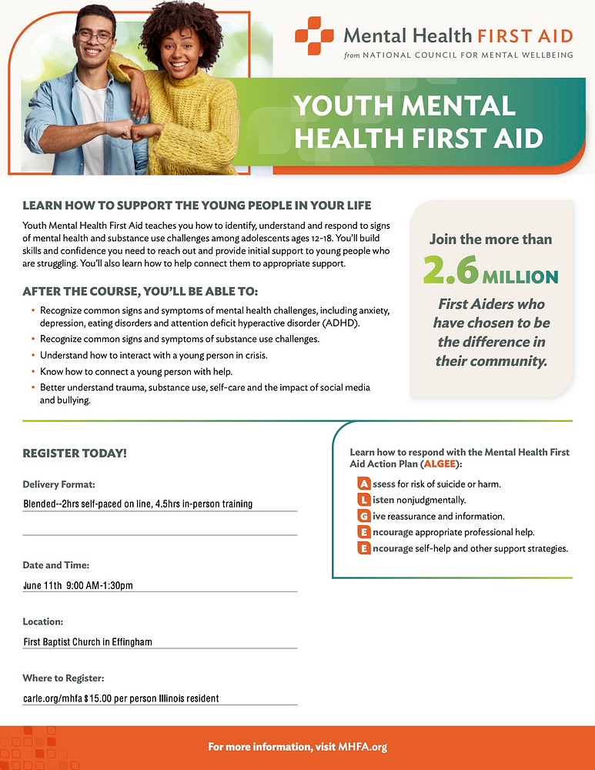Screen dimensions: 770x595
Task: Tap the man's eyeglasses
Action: [94, 36]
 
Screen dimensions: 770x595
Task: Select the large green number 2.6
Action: [450, 269]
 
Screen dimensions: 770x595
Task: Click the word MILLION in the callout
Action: [520, 276]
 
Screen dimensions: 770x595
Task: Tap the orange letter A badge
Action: [363, 484]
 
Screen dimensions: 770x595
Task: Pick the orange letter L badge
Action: [363, 500]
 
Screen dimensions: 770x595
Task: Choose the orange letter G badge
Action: [363, 517]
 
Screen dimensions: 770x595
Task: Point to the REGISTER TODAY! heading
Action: [75, 454]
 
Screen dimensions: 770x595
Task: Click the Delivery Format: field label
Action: [58, 484]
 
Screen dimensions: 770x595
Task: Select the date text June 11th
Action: [43, 586]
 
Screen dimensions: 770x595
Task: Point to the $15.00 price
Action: [99, 698]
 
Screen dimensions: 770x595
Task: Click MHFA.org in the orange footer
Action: [362, 747]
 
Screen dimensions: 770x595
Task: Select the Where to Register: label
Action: [63, 678]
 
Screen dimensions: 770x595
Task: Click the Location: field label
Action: [43, 621]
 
